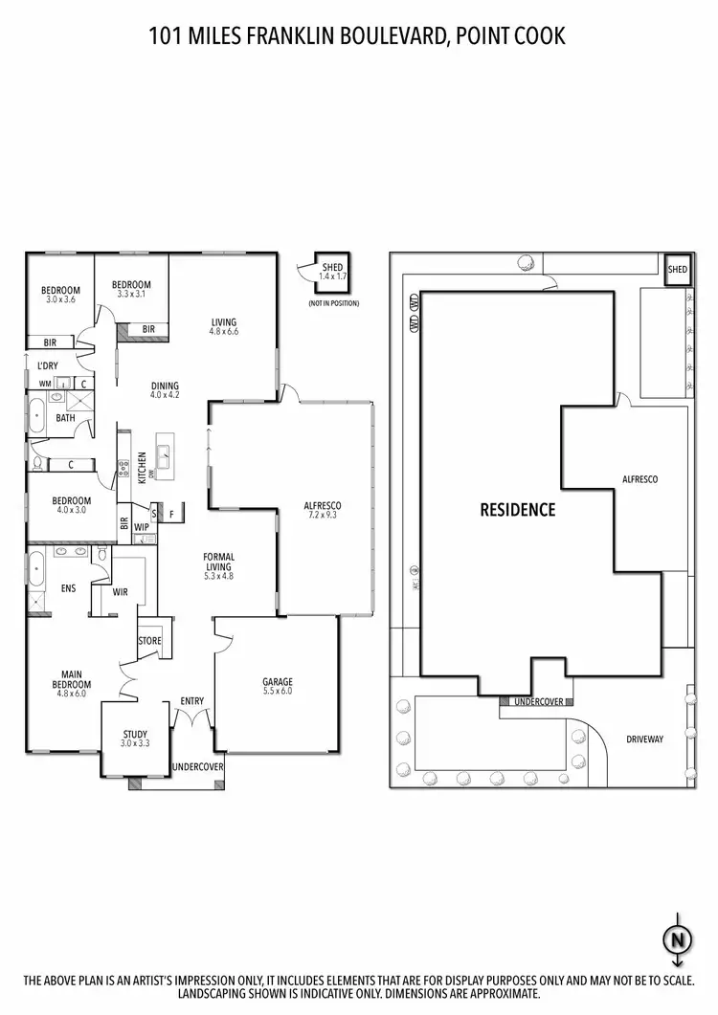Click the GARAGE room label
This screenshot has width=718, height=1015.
pos(277,682)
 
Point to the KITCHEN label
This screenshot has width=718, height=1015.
pos(142,468)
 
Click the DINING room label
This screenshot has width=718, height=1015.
pos(166,386)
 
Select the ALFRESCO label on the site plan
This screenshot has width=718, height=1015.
pos(640,478)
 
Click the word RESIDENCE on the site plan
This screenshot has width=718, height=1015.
pos(517,510)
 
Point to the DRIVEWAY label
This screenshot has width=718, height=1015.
pos(645,739)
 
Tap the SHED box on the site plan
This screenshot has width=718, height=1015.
pos(677,271)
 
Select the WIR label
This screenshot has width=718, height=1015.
pos(121,592)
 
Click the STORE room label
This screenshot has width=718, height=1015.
pos(150,641)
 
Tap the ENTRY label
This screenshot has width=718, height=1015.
pos(192,701)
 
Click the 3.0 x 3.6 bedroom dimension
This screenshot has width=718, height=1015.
pos(60,300)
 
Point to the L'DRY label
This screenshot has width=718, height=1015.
pos(46,366)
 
